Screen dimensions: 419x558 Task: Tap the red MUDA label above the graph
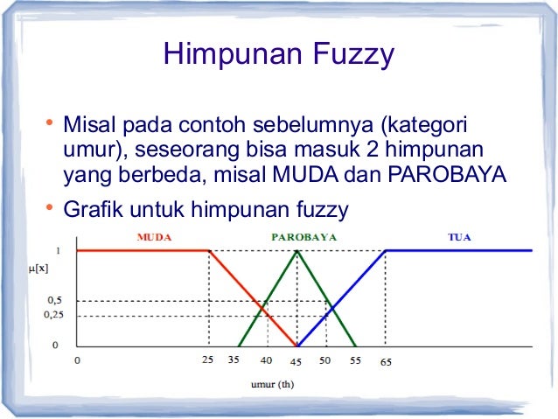click(x=155, y=237)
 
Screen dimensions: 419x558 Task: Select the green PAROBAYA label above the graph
click(x=298, y=237)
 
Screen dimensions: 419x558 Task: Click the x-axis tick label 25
click(x=208, y=360)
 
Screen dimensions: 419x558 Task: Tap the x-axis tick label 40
click(x=266, y=360)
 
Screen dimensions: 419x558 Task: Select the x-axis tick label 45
click(x=296, y=360)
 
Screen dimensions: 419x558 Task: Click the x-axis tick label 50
click(x=325, y=360)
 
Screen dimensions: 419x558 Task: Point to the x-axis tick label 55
click(x=355, y=360)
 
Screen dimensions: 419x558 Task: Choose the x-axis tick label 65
click(x=386, y=360)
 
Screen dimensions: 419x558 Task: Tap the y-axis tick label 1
click(x=58, y=250)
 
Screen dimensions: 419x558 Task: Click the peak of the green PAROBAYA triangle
click(x=297, y=251)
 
